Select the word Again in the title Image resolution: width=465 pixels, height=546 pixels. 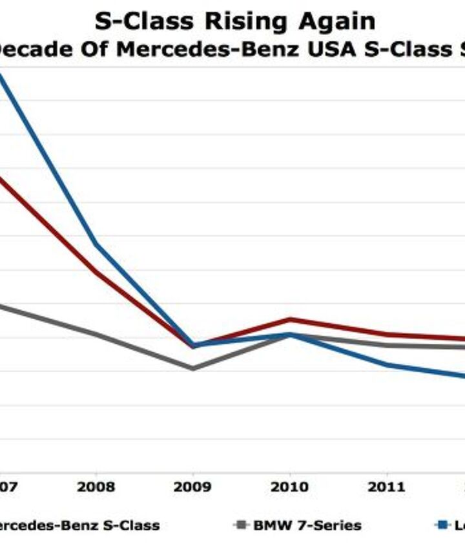click(336, 22)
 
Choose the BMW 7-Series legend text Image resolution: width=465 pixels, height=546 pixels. click(307, 525)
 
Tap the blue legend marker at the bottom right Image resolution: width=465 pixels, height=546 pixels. click(442, 525)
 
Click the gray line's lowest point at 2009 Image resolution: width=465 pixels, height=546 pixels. click(192, 368)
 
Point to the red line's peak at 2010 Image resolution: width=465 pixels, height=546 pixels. click(290, 319)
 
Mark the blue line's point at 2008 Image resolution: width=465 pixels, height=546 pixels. click(96, 244)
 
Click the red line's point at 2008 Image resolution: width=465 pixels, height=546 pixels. click(96, 273)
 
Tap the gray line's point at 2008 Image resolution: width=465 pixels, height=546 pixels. click(96, 334)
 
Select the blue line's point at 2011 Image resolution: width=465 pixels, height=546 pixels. click(387, 365)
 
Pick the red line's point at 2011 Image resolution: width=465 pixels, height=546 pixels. click(387, 334)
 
